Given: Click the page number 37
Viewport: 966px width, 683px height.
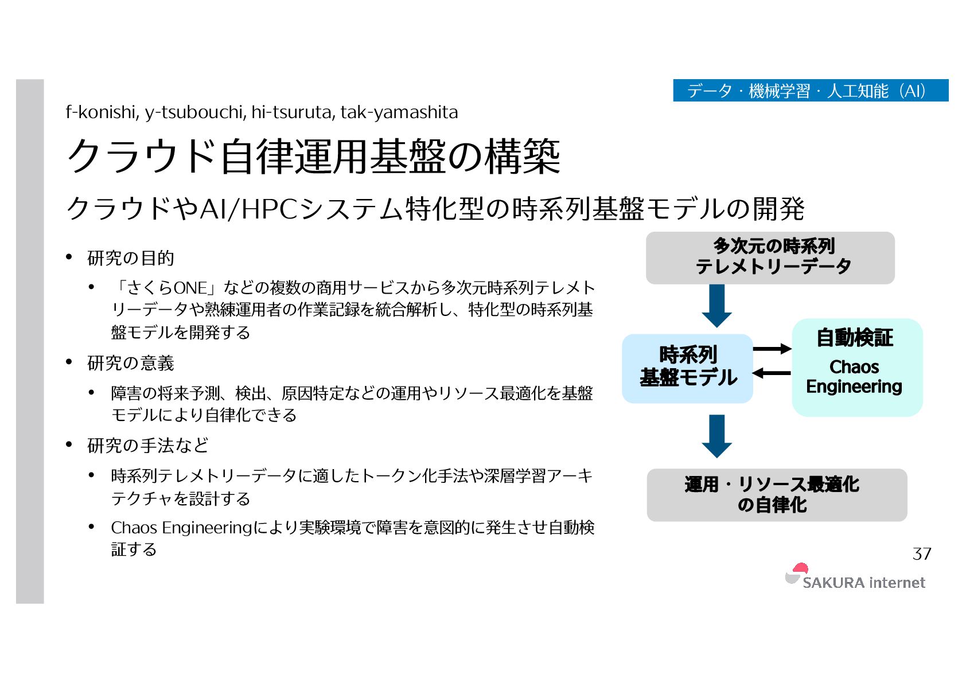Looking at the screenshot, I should (x=921, y=553).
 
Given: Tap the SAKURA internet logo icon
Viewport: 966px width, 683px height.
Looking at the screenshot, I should (x=796, y=573).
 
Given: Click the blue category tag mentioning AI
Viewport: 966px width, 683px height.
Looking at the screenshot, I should (x=810, y=91).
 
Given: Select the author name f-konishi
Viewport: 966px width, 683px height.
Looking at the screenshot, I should (x=102, y=112).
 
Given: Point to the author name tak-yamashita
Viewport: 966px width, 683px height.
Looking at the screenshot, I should (x=399, y=112).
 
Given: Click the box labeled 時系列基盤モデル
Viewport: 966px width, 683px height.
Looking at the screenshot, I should (x=687, y=368).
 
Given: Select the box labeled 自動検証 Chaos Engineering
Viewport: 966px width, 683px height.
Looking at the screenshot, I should (x=856, y=367).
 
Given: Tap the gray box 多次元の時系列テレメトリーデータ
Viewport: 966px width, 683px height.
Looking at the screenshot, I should (x=770, y=257).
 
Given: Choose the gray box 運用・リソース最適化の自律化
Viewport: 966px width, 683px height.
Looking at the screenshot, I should (x=776, y=494).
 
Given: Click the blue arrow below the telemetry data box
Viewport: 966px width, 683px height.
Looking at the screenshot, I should (x=716, y=306).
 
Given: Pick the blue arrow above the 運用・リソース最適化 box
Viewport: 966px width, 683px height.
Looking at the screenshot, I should (x=716, y=436).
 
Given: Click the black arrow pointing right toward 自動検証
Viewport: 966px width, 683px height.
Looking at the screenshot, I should (x=772, y=349).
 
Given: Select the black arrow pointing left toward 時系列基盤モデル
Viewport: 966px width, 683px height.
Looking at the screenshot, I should (x=771, y=373).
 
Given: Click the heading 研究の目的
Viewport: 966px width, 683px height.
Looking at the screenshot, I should (x=130, y=258).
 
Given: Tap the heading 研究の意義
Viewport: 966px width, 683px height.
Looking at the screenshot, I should (x=130, y=363).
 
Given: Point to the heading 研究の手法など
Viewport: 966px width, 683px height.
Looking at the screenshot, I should (x=147, y=445).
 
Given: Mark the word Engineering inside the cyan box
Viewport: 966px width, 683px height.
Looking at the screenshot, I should (x=854, y=387).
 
